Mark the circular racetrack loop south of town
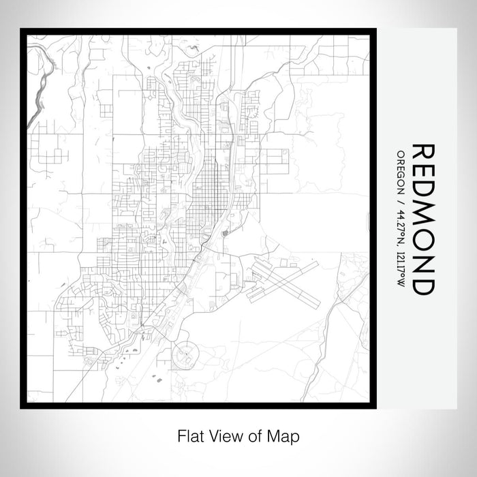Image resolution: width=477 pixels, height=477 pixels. point(185,355)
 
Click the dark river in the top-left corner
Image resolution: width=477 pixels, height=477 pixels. point(42,85)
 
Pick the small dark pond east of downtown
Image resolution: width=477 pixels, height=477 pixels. point(225,233)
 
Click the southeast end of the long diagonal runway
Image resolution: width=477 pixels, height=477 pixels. point(317,305)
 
